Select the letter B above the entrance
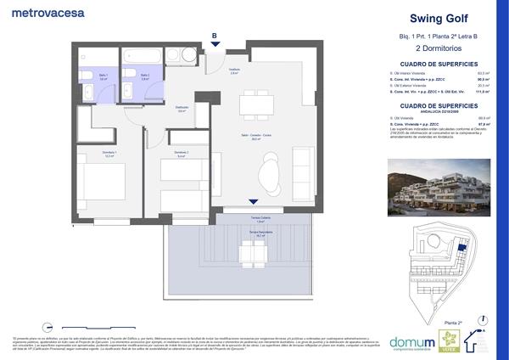click(215, 36)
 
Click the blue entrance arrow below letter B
click(215, 46)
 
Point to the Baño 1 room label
click(102, 76)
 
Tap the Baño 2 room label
click(145, 76)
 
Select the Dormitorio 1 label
click(109, 155)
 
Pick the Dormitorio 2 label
click(180, 155)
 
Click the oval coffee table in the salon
click(271, 171)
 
